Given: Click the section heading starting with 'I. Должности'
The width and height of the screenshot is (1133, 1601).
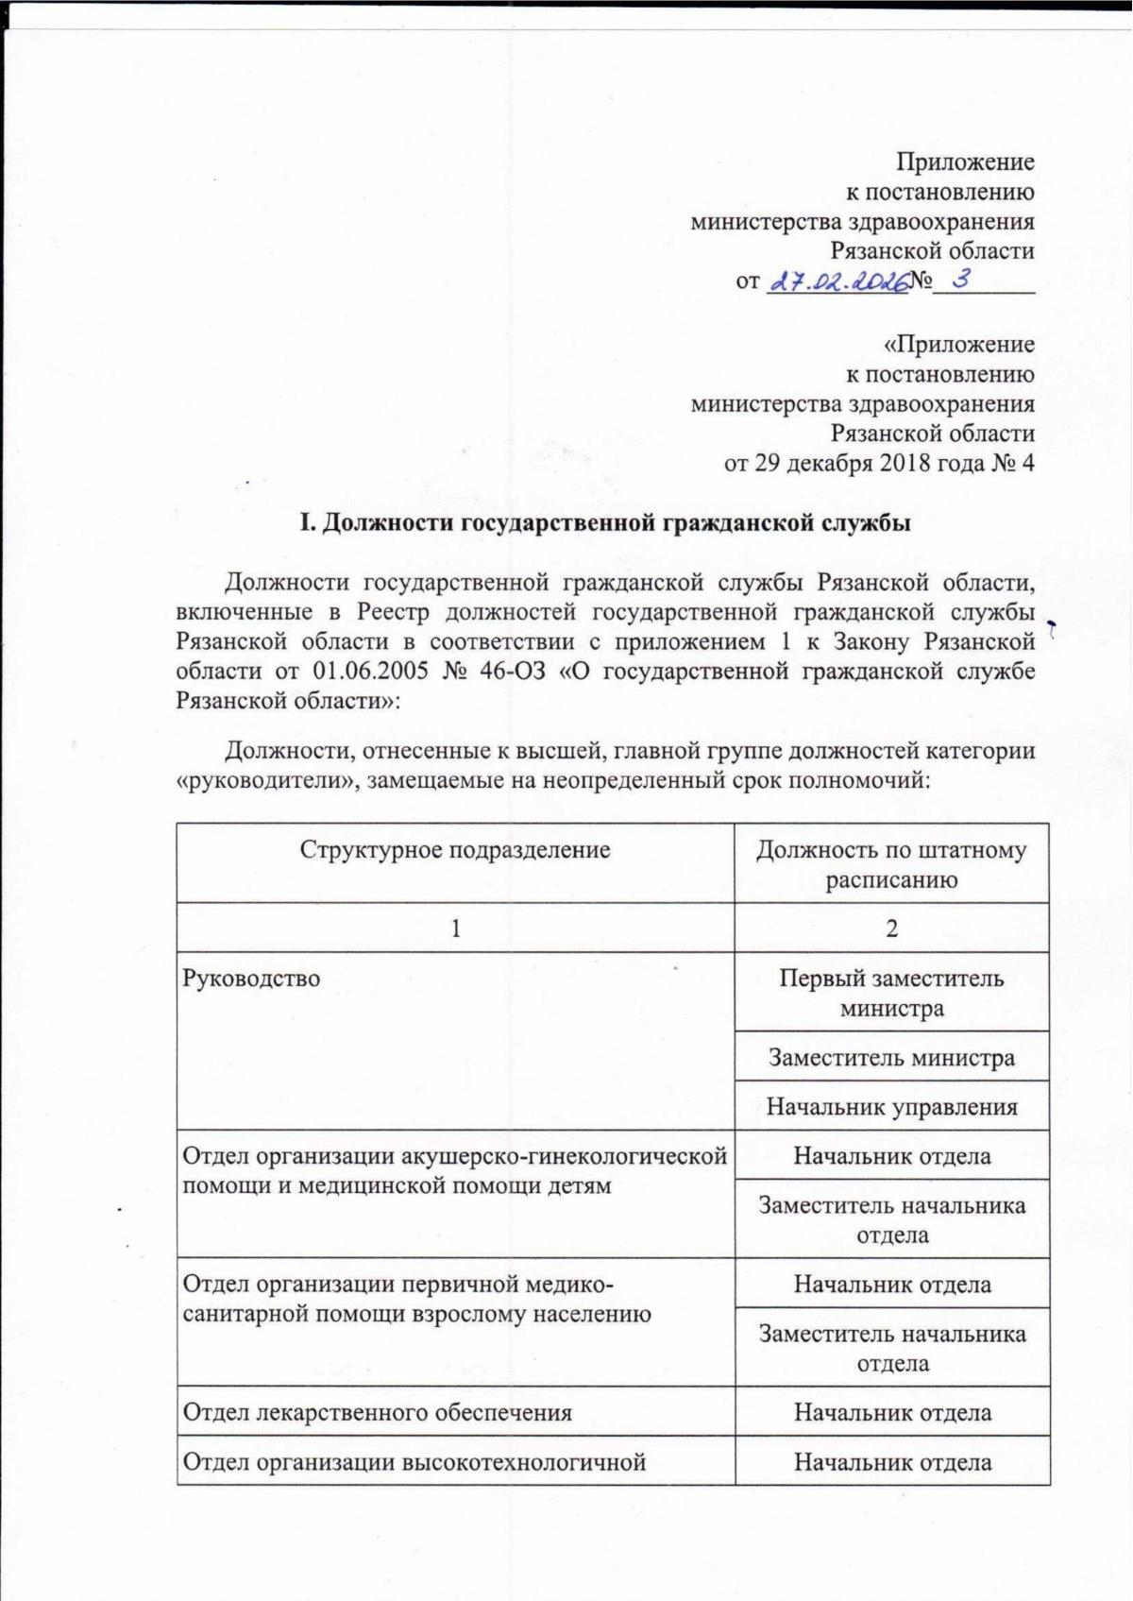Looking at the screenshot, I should (x=605, y=523).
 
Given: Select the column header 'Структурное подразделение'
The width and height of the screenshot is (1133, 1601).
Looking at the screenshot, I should (x=455, y=849).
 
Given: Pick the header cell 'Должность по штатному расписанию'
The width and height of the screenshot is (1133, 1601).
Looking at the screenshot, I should (x=891, y=864).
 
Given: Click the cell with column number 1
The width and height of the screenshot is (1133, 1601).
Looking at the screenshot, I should (x=455, y=928).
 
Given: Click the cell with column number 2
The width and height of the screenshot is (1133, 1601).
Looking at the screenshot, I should (x=891, y=928).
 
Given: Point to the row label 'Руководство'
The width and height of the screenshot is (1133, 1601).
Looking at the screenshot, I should (x=251, y=979).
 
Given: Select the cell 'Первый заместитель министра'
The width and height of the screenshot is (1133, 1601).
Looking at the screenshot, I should (x=891, y=993).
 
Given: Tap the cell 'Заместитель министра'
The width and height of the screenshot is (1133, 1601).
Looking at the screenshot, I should (x=891, y=1057).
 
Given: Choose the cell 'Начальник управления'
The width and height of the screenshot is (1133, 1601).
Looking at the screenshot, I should (x=891, y=1106).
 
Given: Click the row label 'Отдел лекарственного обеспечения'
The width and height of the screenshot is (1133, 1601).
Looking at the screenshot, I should (x=377, y=1412).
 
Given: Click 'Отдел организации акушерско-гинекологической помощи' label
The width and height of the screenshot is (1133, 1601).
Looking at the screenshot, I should (x=454, y=1170).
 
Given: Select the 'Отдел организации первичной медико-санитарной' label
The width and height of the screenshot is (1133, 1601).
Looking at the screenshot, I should (x=416, y=1299).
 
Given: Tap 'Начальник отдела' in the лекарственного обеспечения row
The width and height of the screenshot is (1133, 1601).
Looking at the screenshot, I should (x=891, y=1412).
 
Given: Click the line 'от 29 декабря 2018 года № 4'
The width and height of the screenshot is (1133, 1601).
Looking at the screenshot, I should (x=879, y=464).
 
